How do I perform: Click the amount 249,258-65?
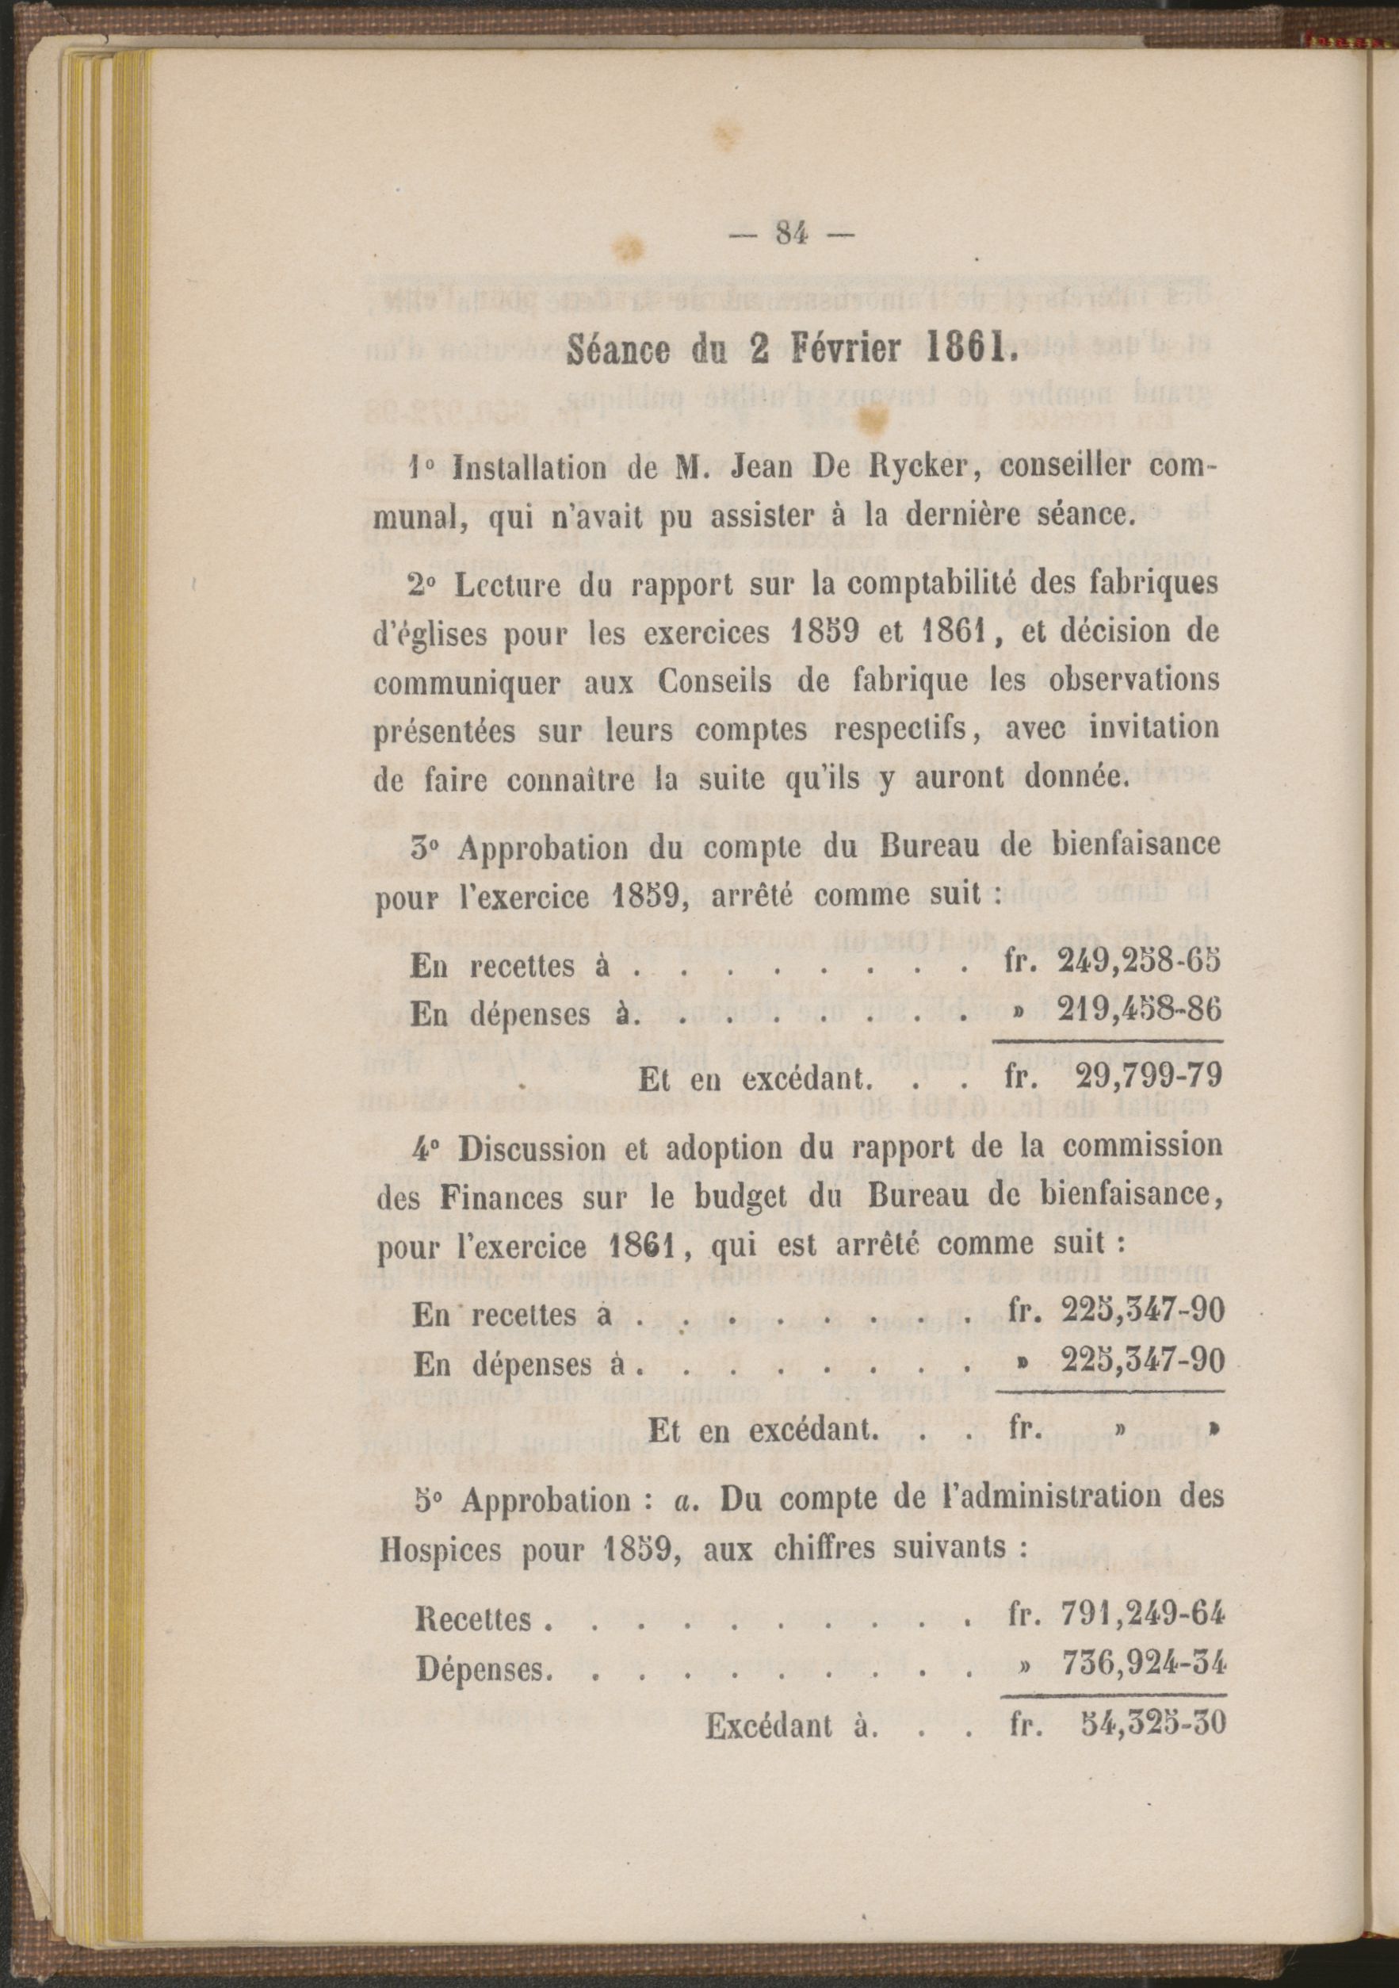pyautogui.click(x=1139, y=961)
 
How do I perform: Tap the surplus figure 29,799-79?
pyautogui.click(x=1149, y=1075)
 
